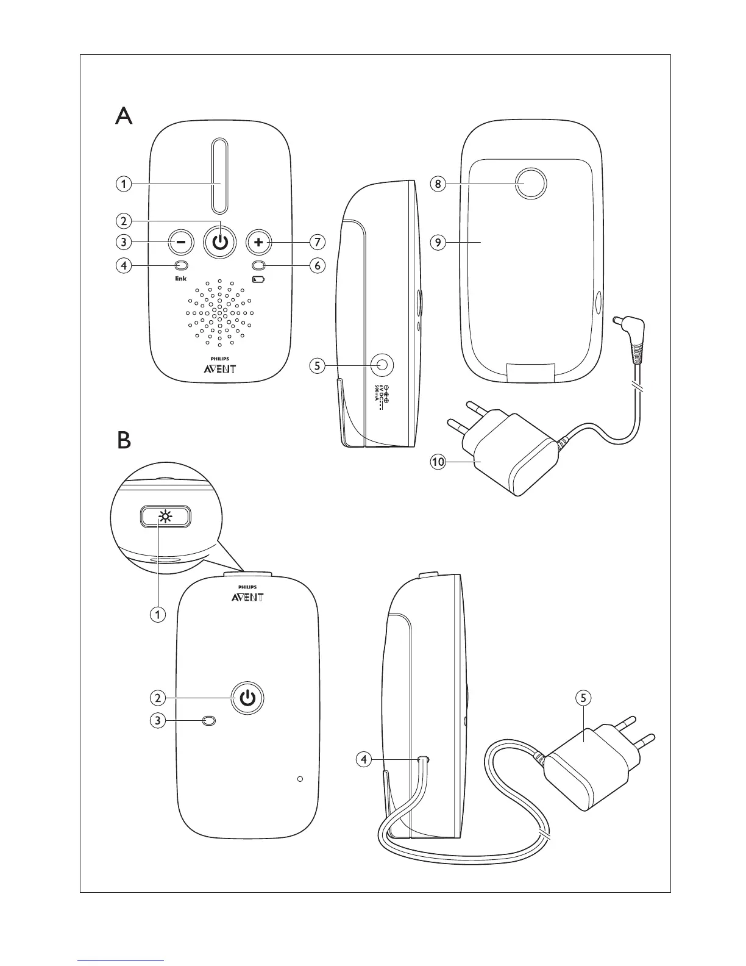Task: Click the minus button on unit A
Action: (x=180, y=242)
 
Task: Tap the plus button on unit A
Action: (x=260, y=242)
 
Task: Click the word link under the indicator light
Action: (x=180, y=279)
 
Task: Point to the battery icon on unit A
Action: (x=259, y=279)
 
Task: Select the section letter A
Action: (x=124, y=115)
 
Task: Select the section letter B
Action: (x=124, y=440)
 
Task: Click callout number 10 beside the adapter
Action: (x=438, y=462)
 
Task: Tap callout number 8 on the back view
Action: (x=438, y=184)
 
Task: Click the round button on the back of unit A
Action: (x=530, y=183)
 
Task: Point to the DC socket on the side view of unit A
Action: (x=382, y=365)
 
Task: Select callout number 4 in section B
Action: (x=364, y=759)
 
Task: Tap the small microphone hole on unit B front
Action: (x=299, y=779)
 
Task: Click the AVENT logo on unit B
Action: (x=247, y=596)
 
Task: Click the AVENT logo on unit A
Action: (x=220, y=368)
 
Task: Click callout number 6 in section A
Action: (x=316, y=266)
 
